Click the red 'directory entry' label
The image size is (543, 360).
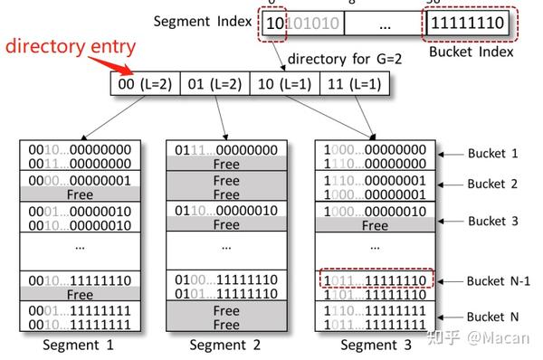point(71,48)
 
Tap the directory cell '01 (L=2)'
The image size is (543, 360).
point(215,84)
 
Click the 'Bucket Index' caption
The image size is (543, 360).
point(471,52)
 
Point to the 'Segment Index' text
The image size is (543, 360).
point(204,21)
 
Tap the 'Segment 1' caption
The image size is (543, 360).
point(80,345)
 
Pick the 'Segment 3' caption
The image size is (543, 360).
point(374,345)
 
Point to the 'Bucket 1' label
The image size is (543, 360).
point(492,154)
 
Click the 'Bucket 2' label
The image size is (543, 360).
point(492,184)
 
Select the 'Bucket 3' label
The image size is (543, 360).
point(492,221)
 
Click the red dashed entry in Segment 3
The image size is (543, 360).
point(374,280)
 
